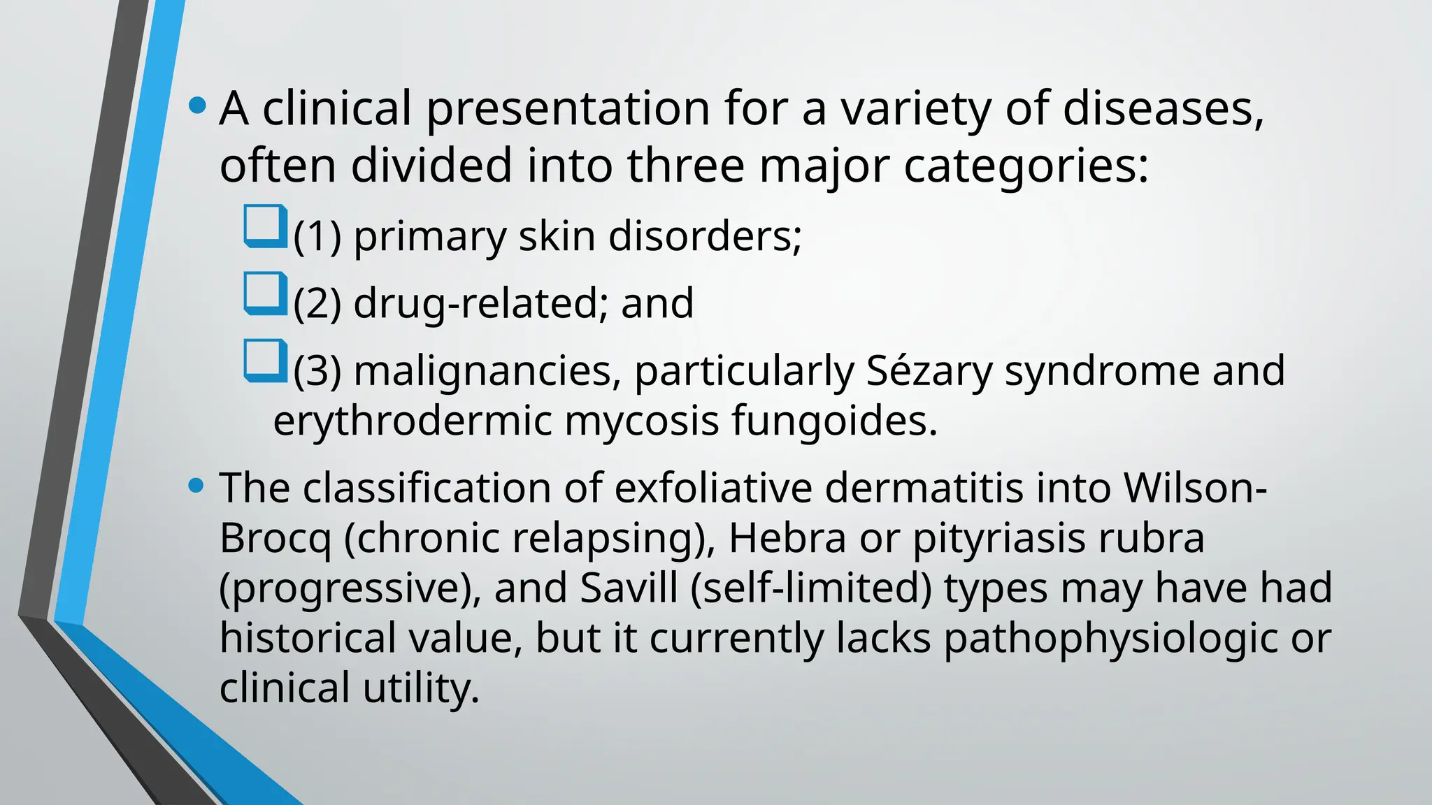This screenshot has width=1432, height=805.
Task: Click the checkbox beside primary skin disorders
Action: [265, 226]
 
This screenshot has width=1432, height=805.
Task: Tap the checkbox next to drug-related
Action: [265, 293]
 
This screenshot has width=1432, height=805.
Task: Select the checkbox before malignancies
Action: [265, 361]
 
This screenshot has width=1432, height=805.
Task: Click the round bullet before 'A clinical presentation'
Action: [198, 106]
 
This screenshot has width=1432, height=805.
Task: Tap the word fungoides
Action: [834, 421]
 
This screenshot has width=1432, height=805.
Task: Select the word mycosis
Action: [641, 421]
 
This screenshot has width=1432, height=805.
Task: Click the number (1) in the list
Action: [317, 236]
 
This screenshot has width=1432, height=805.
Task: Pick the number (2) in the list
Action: [317, 303]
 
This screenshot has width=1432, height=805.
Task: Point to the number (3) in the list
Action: [317, 370]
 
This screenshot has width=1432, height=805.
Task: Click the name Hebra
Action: [787, 538]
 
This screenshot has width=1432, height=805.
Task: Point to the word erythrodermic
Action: [413, 421]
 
